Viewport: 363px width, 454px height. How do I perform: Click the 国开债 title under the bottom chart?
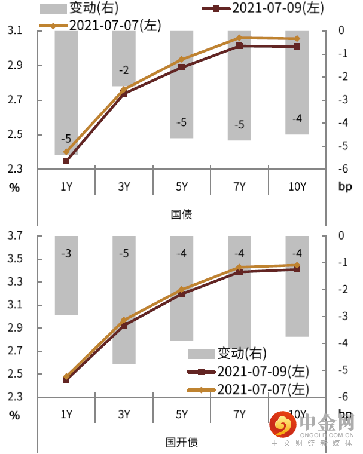(182, 442)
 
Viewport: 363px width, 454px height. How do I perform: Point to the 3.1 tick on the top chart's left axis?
(16, 30)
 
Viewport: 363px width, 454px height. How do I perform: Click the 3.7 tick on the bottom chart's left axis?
(16, 237)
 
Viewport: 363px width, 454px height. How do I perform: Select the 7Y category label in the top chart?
(239, 187)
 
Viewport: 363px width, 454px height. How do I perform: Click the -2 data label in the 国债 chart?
(124, 70)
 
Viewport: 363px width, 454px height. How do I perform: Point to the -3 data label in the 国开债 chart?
(66, 254)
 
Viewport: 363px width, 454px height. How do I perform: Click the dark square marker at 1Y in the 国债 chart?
(66, 161)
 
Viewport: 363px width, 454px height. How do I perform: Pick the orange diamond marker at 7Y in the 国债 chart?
(239, 38)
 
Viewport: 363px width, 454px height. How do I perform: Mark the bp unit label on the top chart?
(345, 187)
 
